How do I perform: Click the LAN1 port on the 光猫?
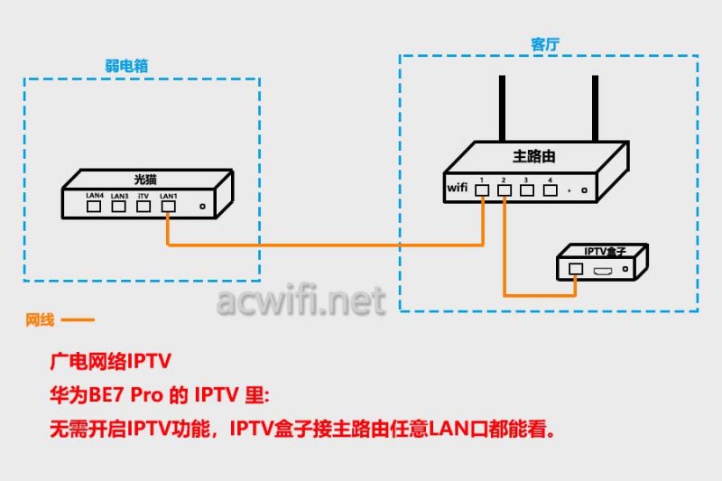point(168,206)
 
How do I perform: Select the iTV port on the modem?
point(143,206)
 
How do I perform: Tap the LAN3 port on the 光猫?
point(118,206)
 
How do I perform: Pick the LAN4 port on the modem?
point(94,206)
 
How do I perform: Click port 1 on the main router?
point(484,190)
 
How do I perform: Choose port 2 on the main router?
point(505,190)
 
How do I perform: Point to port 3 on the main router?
point(527,190)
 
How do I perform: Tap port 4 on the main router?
point(549,190)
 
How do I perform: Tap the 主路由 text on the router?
point(534,156)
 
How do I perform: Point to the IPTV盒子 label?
point(604,251)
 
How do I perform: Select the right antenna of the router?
point(596,108)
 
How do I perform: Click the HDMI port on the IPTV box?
point(603,269)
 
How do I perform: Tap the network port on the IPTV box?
point(576,268)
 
